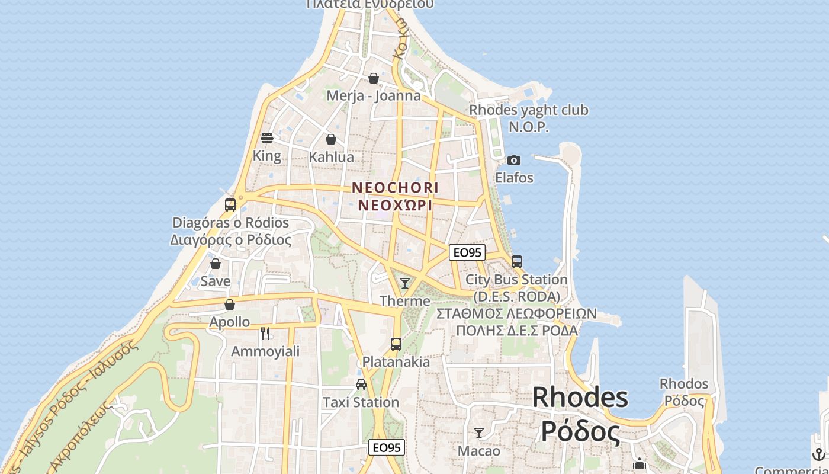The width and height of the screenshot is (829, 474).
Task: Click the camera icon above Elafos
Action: point(514,160)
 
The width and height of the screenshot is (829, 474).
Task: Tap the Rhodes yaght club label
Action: point(529,110)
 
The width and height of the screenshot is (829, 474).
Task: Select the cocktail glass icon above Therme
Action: point(405,283)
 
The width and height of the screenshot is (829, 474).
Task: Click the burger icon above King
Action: point(267,138)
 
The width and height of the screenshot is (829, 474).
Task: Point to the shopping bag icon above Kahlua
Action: point(331,139)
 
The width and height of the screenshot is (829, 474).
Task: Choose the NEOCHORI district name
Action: point(395,188)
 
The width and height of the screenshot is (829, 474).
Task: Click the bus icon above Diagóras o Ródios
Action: point(230,205)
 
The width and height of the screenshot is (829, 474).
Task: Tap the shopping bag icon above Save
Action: point(216,264)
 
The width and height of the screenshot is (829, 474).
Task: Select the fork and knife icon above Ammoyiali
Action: point(265,334)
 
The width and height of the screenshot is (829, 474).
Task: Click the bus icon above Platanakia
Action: point(396,344)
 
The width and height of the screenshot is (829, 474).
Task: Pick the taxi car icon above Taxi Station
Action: point(361,385)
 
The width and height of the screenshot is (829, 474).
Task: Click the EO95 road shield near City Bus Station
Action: point(467,253)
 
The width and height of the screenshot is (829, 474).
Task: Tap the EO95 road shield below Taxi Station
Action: point(387,447)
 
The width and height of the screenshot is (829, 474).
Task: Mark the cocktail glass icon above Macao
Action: point(479,433)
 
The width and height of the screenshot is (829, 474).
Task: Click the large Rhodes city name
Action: point(580,397)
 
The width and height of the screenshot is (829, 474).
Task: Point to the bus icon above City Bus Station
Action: point(517,261)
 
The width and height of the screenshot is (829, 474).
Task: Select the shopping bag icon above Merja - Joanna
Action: point(374,78)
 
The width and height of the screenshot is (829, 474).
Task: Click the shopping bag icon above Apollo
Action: point(230,305)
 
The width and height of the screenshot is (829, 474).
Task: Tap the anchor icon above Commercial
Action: point(820,454)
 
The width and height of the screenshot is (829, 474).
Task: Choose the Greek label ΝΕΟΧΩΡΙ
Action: point(395,206)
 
